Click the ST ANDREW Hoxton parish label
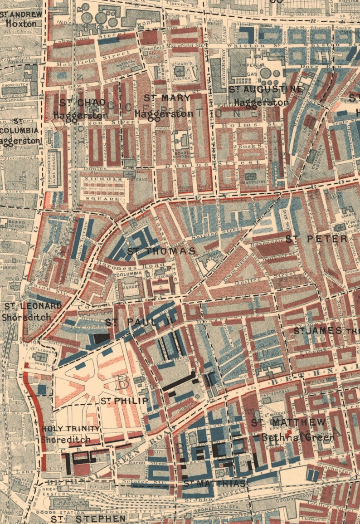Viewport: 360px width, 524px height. point(21,18)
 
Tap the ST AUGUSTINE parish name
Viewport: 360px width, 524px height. point(266,90)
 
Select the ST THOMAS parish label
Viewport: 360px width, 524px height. point(161,251)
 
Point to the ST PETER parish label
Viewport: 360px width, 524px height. point(316,239)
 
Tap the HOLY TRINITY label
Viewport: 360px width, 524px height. point(70,429)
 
